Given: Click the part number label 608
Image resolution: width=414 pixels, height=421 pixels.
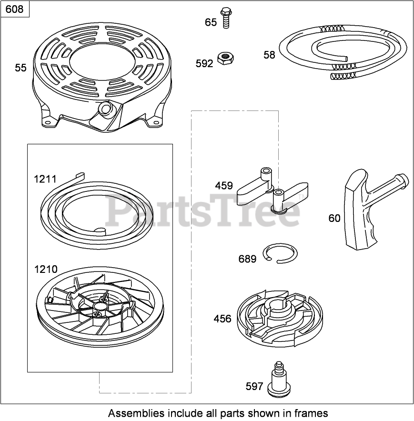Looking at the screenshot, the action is coord(15,9).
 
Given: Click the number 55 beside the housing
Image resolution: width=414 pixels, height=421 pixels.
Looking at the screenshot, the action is coord(20,68).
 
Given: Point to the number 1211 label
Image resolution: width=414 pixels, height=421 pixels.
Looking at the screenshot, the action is coord(45,179).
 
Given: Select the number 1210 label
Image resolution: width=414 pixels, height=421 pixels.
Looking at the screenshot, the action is coord(45,270).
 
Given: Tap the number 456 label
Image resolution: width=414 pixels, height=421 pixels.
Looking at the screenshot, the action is coord(222,319).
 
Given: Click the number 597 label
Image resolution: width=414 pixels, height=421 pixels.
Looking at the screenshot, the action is coord(254,386).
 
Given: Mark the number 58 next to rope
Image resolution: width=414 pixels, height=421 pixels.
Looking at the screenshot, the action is coord(269,55).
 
